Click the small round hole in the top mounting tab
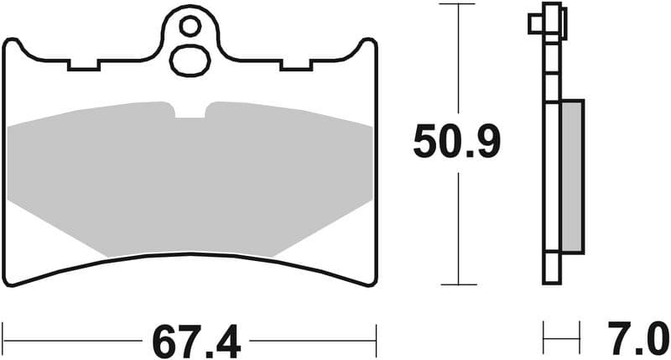click(190, 28)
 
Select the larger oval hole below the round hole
click(190, 60)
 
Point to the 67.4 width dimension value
click(195, 342)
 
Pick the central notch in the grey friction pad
click(190, 111)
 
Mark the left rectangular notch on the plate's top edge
click(84, 64)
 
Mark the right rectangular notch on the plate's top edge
click(297, 64)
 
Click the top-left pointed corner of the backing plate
click(9, 42)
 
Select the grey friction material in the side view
click(571, 175)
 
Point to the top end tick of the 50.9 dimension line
click(457, 4)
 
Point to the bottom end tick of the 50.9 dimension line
click(457, 284)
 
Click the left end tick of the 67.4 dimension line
click(3, 341)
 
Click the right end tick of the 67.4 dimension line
click(376, 341)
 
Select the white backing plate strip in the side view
click(551, 168)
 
